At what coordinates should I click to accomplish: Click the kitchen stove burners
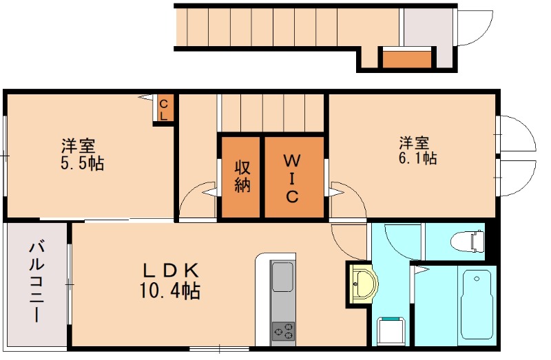tap(282, 331)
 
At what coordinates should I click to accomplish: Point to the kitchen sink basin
tap(282, 276)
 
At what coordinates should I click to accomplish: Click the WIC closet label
tap(292, 178)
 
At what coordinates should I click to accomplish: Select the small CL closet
tap(164, 109)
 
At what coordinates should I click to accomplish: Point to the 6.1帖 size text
tap(417, 158)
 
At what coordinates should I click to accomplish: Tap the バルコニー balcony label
tap(35, 282)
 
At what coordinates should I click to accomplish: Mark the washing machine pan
tap(389, 331)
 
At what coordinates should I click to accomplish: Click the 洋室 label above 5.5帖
tap(78, 146)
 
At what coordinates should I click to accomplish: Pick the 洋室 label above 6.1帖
tap(415, 142)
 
